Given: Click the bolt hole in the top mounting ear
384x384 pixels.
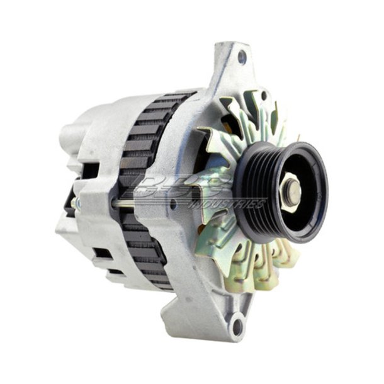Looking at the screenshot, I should tap(242, 58).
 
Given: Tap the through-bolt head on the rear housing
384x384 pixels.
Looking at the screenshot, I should tap(73, 203).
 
